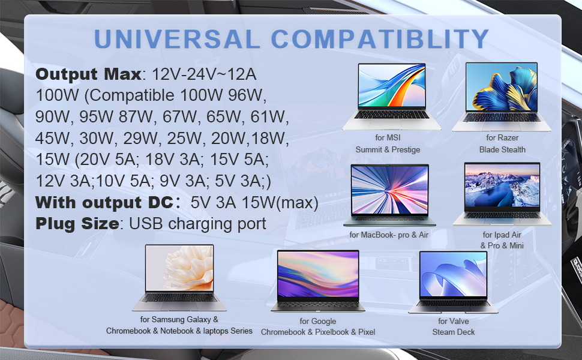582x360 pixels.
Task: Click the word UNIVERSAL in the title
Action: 177,38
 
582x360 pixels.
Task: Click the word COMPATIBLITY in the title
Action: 380,38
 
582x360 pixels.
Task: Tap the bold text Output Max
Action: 88,74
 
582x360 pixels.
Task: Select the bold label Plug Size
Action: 77,224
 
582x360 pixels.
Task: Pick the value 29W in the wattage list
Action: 140,139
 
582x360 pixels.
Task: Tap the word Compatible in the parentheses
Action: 132,96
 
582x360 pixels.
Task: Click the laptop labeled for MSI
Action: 391,96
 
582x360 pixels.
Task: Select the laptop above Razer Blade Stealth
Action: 502,97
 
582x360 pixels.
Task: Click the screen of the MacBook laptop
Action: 390,190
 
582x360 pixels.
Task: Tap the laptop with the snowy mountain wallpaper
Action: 502,194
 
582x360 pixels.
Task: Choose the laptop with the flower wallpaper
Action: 179,278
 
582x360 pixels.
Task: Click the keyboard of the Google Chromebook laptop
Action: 318,305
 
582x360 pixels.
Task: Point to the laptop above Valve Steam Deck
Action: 453,283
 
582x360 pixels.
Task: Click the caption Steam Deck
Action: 453,332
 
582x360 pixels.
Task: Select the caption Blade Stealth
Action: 502,149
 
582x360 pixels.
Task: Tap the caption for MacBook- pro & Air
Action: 389,235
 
